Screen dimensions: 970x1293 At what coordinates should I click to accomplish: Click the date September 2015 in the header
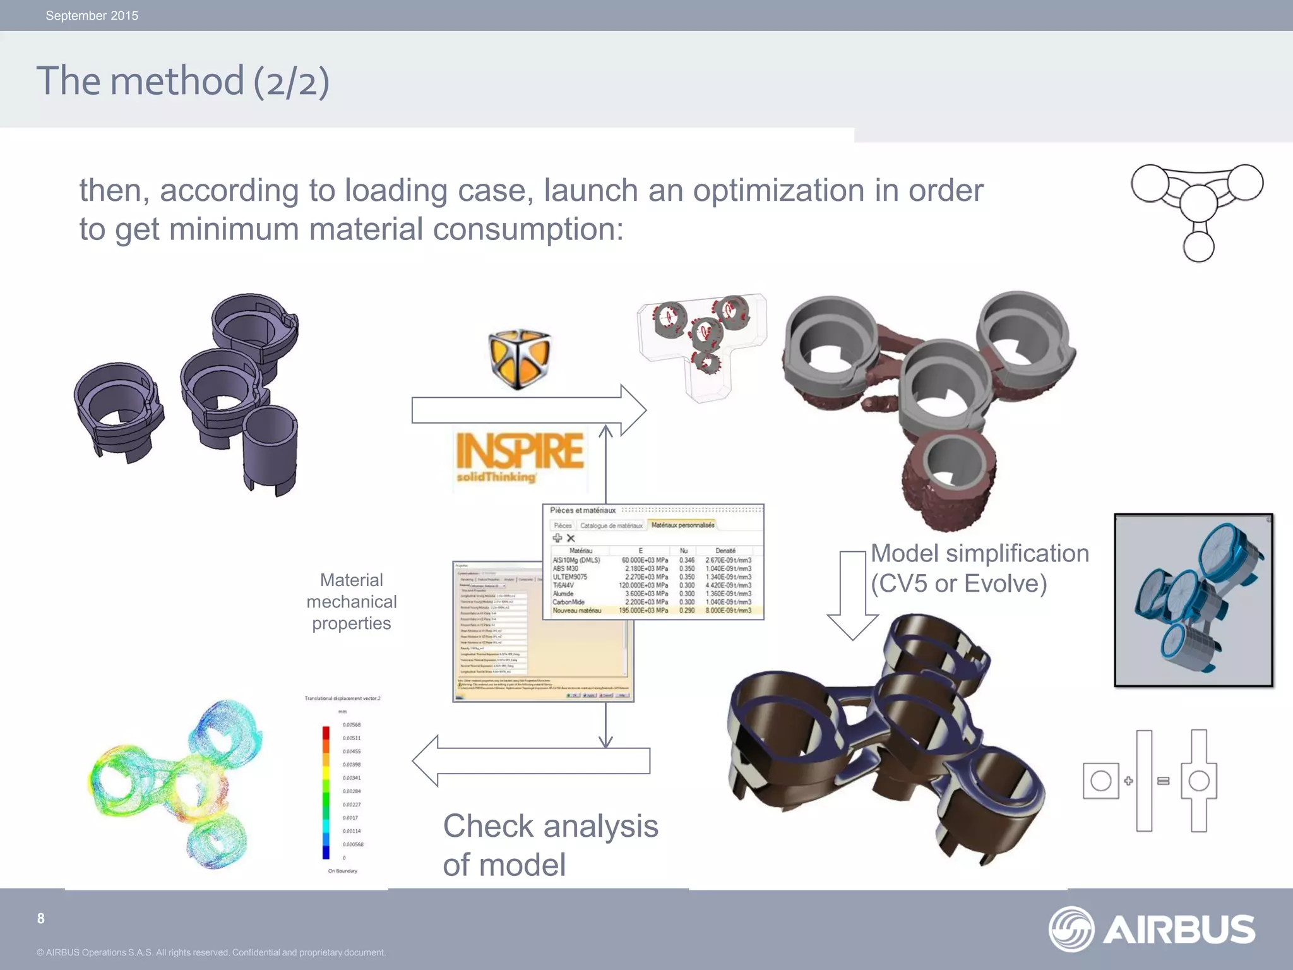pyautogui.click(x=92, y=16)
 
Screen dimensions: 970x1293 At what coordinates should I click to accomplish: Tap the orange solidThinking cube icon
pyautogui.click(x=520, y=358)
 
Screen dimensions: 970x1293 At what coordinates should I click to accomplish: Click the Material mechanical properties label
pyautogui.click(x=352, y=601)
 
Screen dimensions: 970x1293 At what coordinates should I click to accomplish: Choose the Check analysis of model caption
pyautogui.click(x=550, y=845)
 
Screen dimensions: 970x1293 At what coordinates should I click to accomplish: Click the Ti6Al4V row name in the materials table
pyautogui.click(x=563, y=585)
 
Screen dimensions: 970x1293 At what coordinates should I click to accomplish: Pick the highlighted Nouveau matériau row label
pyautogui.click(x=576, y=611)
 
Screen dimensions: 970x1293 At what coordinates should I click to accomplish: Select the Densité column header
pyautogui.click(x=725, y=551)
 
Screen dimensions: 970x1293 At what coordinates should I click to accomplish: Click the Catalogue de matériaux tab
pyautogui.click(x=611, y=525)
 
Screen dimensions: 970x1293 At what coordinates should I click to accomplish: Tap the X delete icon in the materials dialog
pyautogui.click(x=571, y=538)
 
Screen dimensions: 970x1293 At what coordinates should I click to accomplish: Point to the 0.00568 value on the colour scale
pyautogui.click(x=352, y=725)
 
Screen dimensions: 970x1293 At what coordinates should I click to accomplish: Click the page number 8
pyautogui.click(x=41, y=919)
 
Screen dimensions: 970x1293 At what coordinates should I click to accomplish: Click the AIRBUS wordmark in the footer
pyautogui.click(x=1179, y=930)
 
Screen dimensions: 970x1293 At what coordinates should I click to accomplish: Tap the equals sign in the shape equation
pyautogui.click(x=1163, y=781)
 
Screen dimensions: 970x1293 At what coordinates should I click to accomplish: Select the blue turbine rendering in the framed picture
pyautogui.click(x=1193, y=600)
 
